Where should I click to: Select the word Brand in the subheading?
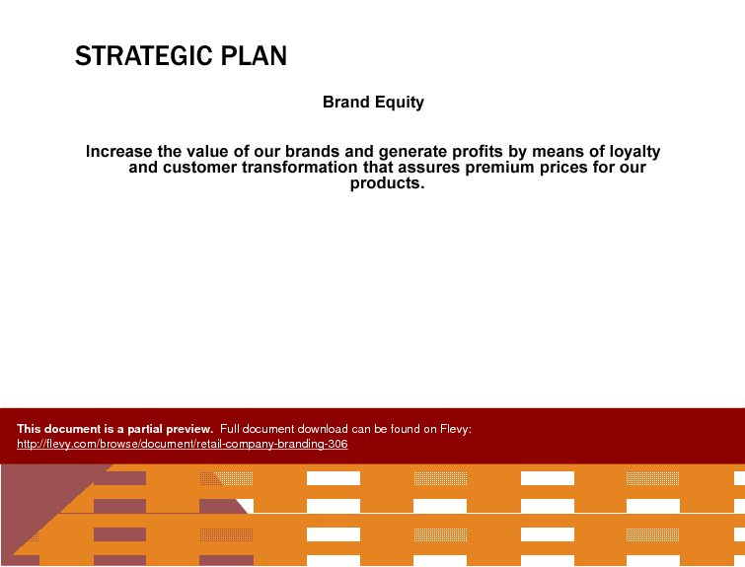(346, 102)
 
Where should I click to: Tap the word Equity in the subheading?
(399, 103)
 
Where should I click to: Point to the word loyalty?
(634, 153)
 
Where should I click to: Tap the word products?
(387, 183)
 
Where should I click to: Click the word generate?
(412, 153)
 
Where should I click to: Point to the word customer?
(200, 168)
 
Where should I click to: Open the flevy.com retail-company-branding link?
(183, 444)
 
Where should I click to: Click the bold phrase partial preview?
(170, 429)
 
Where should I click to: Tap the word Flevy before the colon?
(454, 429)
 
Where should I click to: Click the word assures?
(429, 168)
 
